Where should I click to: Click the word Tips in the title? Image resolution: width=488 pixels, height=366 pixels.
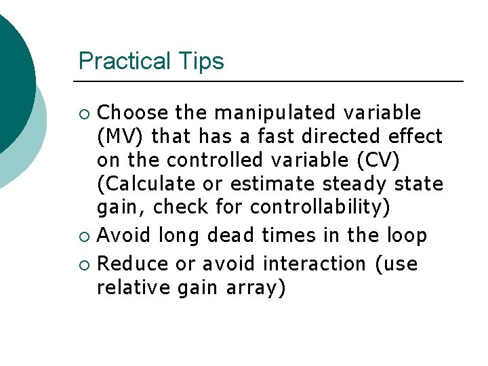200,62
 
